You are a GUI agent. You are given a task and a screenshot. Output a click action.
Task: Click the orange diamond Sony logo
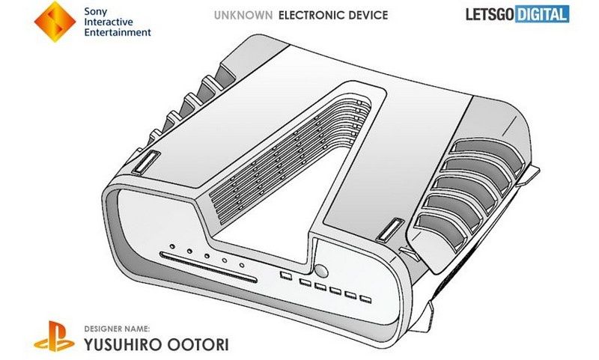coord(55,22)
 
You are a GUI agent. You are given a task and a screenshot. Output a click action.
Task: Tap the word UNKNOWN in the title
coord(243,15)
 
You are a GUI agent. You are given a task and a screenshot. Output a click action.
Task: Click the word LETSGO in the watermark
coord(490,14)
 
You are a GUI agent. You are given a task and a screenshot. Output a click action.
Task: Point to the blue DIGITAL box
coord(541,14)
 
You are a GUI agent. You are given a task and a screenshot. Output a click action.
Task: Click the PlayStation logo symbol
coord(54,336)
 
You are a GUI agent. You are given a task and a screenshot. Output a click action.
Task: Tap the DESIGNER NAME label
coord(117,329)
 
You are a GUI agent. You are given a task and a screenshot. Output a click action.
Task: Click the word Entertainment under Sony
coord(118,32)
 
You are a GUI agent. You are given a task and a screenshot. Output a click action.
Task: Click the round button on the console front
coord(321,271)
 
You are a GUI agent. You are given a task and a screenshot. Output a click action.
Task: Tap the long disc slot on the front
coord(209,267)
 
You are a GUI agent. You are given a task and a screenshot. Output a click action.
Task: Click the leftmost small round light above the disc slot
coord(172,247)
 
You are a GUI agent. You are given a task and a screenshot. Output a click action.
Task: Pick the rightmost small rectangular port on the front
coord(365,299)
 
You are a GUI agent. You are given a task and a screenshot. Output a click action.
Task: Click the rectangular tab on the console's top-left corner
coord(145,162)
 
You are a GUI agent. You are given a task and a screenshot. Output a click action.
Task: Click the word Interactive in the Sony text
coord(109,22)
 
